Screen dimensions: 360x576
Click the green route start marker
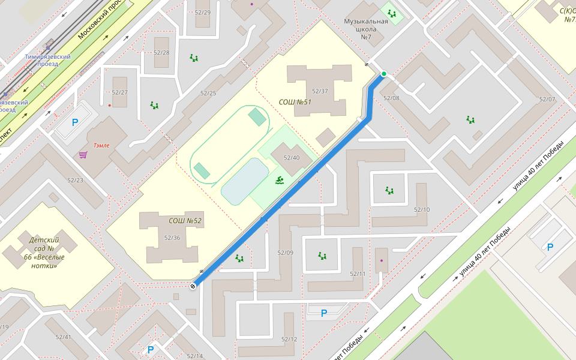point(384,74)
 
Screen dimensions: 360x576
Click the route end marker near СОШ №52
point(193,286)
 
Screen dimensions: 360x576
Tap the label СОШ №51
point(295,102)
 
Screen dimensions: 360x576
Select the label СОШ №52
point(185,221)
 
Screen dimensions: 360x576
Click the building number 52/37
point(320,91)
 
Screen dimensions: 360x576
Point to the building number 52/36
point(172,238)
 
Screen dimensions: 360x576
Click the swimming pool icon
point(280,180)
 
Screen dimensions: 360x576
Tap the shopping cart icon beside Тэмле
point(83,155)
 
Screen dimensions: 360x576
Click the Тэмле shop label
point(101,145)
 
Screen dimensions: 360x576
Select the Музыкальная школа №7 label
point(366,29)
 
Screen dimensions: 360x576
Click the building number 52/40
point(292,158)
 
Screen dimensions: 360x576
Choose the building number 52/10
point(422,209)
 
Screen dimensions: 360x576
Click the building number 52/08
point(391,98)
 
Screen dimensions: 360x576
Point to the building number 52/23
point(76,180)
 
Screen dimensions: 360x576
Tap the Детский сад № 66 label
point(44,253)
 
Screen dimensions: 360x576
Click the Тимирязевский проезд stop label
point(48,60)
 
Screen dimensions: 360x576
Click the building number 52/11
point(358,274)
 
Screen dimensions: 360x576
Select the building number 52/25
point(208,93)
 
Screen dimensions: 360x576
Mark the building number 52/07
point(547,99)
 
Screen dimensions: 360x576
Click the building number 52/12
point(289,340)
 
